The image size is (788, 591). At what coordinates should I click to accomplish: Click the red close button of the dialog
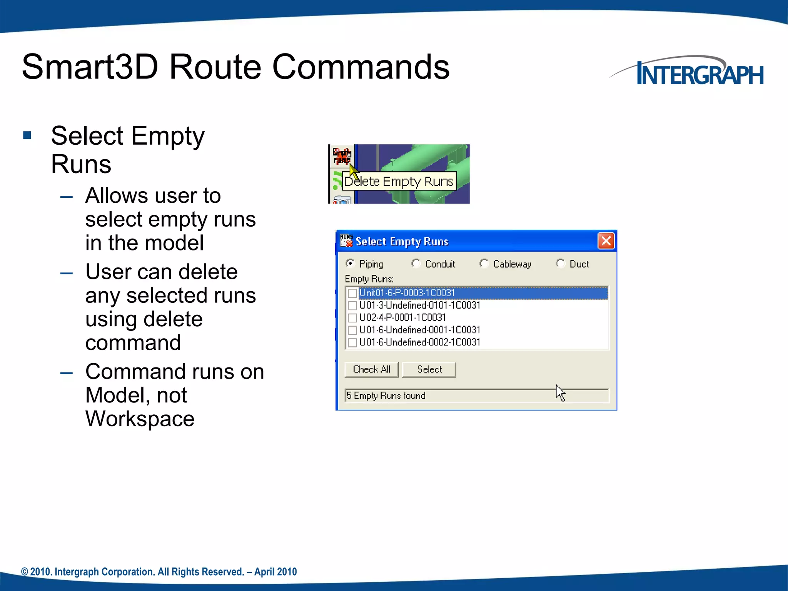pyautogui.click(x=606, y=241)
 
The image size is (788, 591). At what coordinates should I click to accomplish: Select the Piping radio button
pyautogui.click(x=350, y=264)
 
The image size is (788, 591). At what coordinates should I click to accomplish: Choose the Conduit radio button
pyautogui.click(x=416, y=264)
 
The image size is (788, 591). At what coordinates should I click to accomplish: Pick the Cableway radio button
pyautogui.click(x=484, y=264)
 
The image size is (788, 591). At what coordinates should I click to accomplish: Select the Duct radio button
pyautogui.click(x=561, y=264)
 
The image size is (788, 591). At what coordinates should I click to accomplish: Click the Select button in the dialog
pyautogui.click(x=429, y=369)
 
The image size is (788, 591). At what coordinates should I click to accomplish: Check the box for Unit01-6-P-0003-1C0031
pyautogui.click(x=352, y=293)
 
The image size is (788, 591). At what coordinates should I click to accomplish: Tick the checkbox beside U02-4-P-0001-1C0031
pyautogui.click(x=352, y=318)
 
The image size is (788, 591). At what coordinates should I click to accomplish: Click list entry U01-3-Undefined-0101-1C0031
pyautogui.click(x=419, y=306)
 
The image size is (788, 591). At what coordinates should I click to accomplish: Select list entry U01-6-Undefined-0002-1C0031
pyautogui.click(x=419, y=342)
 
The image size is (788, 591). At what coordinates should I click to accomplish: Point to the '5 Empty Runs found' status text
pyautogui.click(x=386, y=396)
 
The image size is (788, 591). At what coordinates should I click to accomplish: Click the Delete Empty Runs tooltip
pyautogui.click(x=399, y=181)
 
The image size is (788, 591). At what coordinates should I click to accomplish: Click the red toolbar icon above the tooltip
pyautogui.click(x=342, y=155)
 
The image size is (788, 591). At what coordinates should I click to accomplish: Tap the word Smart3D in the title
pyautogui.click(x=90, y=67)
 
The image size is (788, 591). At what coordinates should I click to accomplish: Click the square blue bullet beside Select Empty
pyautogui.click(x=27, y=135)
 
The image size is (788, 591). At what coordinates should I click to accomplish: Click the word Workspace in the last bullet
pyautogui.click(x=140, y=419)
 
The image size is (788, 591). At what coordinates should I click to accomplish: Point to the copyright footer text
pyautogui.click(x=159, y=572)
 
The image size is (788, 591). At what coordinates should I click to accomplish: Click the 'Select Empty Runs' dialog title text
pyautogui.click(x=402, y=242)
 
